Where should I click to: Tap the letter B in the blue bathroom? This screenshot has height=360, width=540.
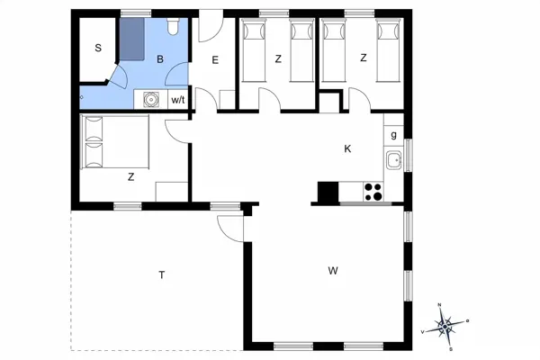click(160, 59)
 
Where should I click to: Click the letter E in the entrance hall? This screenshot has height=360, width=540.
click(216, 60)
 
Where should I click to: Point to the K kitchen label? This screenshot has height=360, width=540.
click(347, 148)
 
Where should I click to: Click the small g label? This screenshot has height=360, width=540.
click(394, 135)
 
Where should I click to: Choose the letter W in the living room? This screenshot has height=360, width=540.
click(333, 270)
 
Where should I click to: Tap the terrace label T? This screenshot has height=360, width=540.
click(162, 274)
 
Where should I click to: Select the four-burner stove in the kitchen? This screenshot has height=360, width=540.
click(373, 192)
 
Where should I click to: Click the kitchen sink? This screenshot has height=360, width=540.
click(393, 161)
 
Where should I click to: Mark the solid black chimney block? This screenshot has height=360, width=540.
click(328, 192)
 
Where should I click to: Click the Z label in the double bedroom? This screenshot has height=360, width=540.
click(131, 177)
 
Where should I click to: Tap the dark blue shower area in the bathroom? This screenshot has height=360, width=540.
click(133, 39)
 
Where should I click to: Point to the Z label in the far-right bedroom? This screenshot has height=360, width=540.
click(364, 58)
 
